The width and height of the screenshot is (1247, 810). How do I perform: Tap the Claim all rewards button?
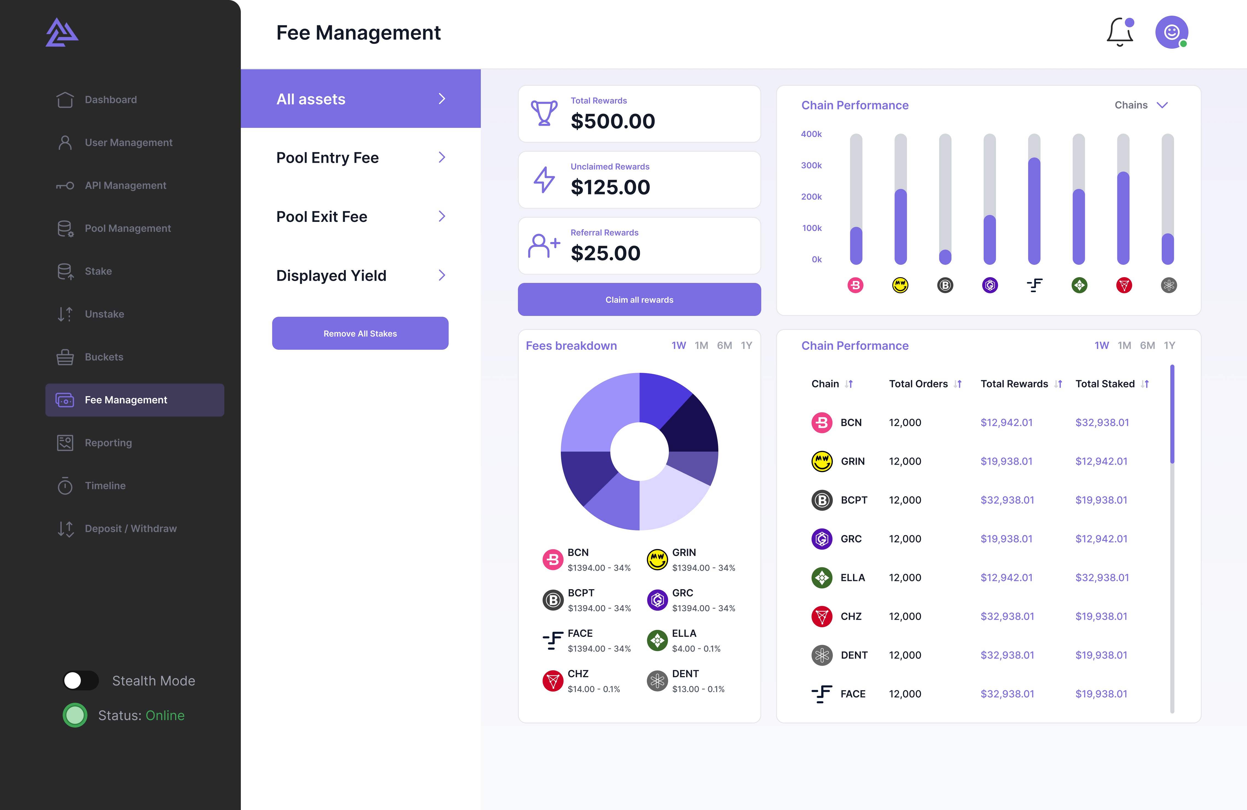tap(639, 300)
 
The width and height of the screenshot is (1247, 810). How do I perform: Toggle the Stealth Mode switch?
tap(81, 680)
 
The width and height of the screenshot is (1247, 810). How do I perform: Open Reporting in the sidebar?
tap(108, 443)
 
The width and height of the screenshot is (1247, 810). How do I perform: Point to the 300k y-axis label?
tap(811, 165)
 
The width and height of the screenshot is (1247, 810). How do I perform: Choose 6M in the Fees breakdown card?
tap(724, 345)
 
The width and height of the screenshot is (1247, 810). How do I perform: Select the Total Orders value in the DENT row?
tap(905, 655)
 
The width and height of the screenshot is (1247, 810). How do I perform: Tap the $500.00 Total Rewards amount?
tap(613, 121)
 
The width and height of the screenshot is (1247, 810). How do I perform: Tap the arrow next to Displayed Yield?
tap(442, 275)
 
